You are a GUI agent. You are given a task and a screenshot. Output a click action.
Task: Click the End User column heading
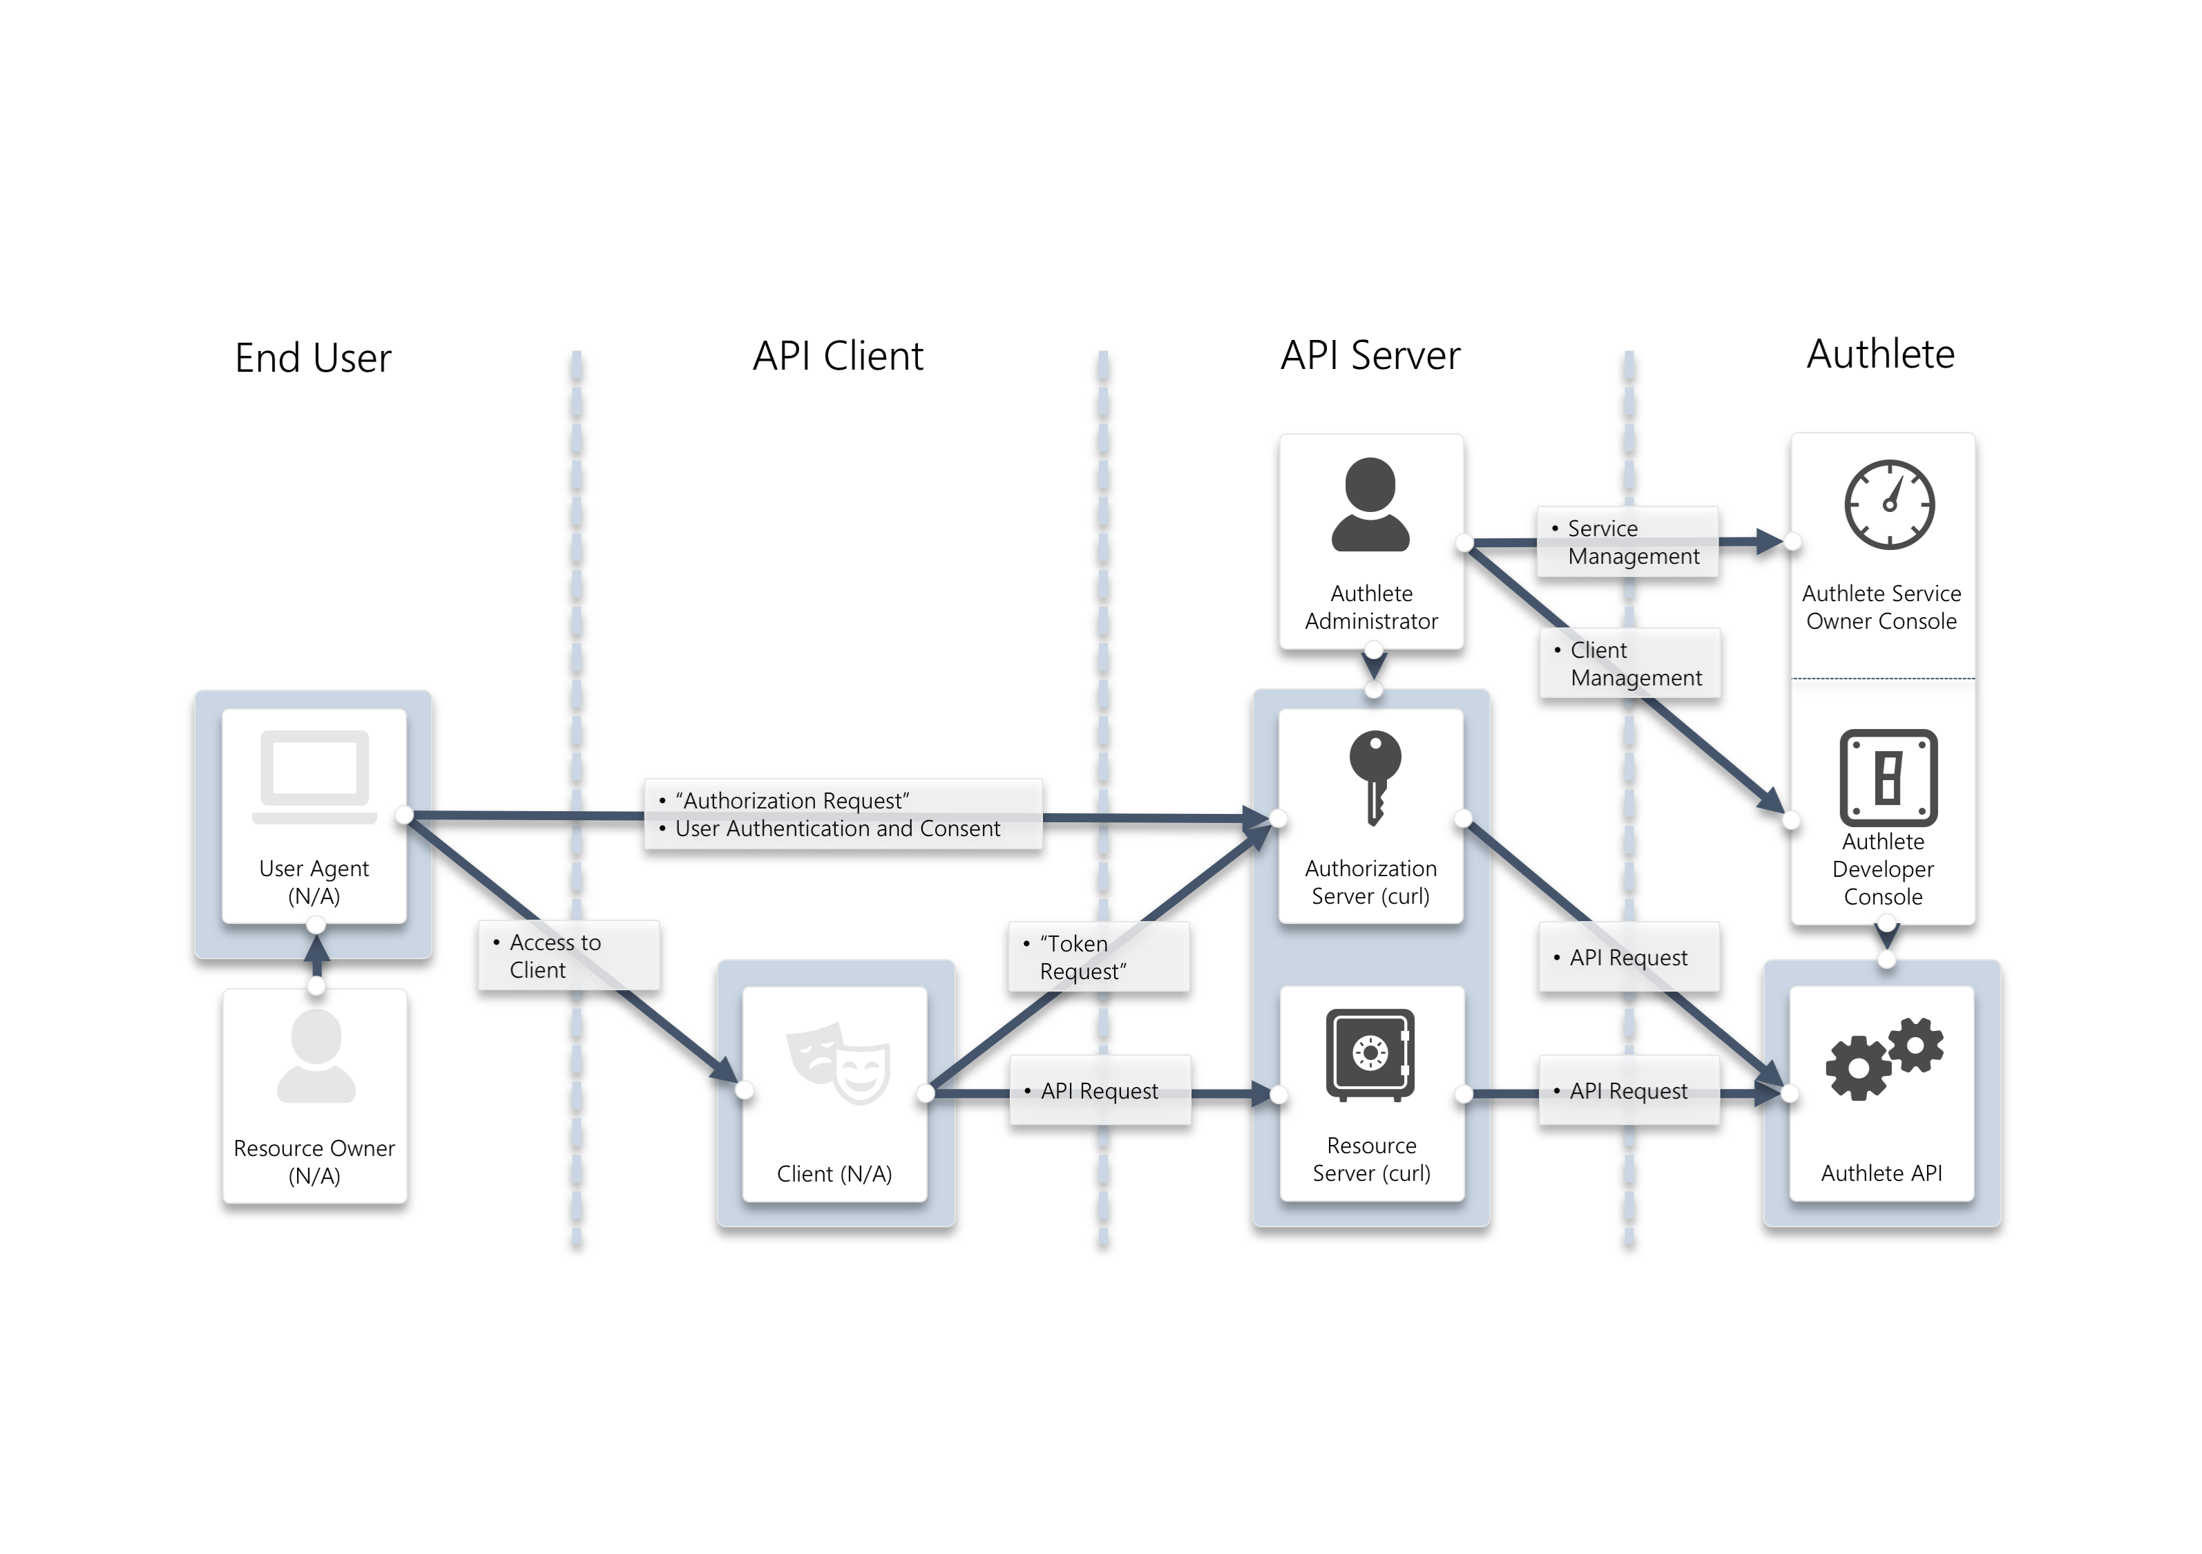click(x=313, y=358)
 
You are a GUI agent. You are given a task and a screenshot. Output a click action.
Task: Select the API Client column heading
click(x=837, y=356)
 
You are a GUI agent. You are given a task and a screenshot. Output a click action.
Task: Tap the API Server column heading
click(x=1370, y=355)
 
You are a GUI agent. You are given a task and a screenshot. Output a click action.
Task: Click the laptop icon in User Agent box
click(x=314, y=776)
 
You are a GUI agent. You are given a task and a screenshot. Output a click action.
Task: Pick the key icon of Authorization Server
click(x=1375, y=776)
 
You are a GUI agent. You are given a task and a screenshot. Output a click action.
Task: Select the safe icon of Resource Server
click(x=1370, y=1053)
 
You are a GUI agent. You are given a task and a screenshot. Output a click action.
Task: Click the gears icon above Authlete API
click(x=1884, y=1057)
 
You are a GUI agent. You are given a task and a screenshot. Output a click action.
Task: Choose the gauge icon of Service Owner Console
click(x=1888, y=504)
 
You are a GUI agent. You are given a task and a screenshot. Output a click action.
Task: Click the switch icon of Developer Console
click(x=1888, y=777)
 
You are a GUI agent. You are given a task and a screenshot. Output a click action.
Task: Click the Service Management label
click(x=1627, y=542)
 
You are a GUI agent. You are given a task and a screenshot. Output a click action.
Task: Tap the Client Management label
click(x=1630, y=664)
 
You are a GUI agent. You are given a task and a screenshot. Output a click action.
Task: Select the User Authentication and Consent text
click(x=837, y=828)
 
